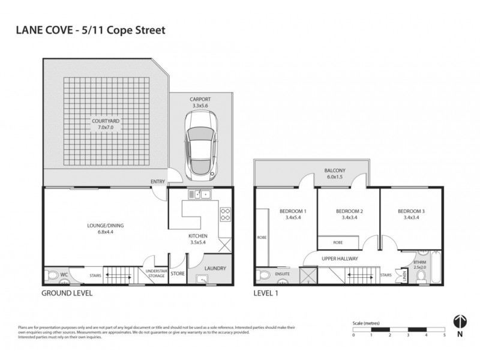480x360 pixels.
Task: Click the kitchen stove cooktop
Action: [225, 214]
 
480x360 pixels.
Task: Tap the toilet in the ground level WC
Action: [52, 277]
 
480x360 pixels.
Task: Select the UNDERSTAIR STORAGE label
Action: [156, 274]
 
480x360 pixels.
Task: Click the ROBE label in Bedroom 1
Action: [262, 238]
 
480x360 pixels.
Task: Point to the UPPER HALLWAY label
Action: [340, 259]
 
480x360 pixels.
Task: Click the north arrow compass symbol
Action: [460, 322]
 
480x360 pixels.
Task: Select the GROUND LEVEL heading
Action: [66, 294]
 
